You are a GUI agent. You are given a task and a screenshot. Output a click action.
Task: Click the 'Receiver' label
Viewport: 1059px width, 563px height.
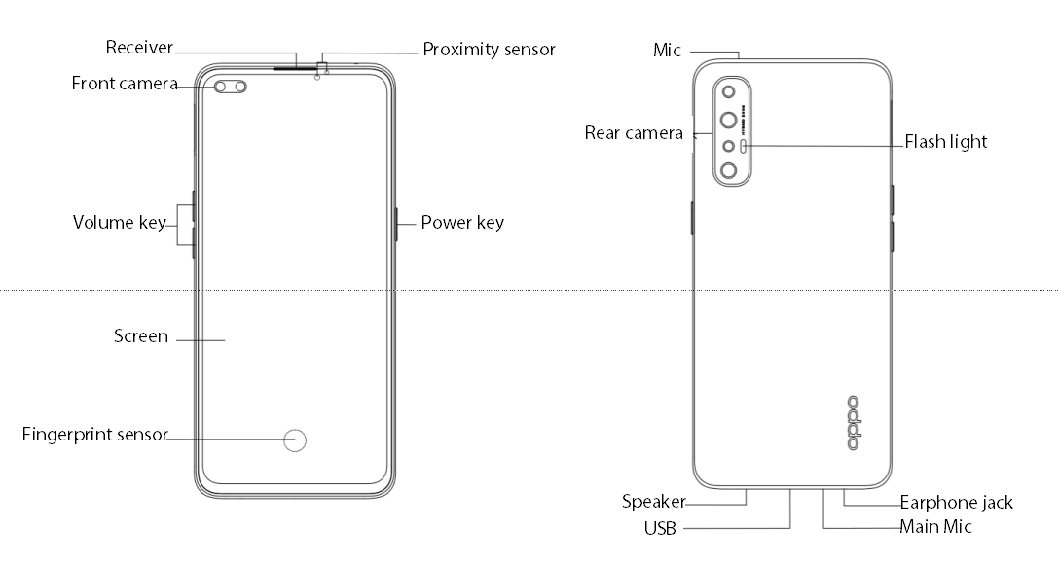point(139,47)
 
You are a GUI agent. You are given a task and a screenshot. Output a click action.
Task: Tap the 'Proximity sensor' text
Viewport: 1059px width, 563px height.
point(489,49)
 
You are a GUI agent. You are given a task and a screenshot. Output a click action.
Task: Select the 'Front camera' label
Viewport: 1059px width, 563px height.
point(124,84)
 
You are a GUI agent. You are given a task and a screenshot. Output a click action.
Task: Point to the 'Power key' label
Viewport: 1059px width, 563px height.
point(462,223)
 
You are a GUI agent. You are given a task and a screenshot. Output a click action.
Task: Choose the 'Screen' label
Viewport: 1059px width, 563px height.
point(141,336)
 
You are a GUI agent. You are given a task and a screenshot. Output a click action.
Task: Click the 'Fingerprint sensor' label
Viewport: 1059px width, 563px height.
point(94,435)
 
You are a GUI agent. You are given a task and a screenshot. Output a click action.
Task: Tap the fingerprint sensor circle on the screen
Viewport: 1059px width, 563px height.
point(296,440)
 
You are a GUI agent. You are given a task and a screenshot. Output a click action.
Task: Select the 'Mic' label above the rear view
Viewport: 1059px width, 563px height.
point(667,50)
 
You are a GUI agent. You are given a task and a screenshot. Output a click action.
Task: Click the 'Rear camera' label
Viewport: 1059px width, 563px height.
point(634,133)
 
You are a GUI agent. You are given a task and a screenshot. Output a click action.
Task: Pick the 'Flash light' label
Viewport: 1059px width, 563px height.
point(945,142)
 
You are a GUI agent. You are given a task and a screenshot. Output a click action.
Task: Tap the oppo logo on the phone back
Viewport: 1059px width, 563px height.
point(854,423)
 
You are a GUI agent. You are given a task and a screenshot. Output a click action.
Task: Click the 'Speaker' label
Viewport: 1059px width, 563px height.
point(653,503)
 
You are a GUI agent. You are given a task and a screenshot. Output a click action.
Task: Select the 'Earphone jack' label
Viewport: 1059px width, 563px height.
point(956,503)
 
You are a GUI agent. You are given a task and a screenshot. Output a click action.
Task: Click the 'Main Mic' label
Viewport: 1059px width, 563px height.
point(935,527)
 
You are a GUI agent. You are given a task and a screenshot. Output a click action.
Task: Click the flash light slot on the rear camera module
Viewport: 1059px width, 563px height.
point(745,145)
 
